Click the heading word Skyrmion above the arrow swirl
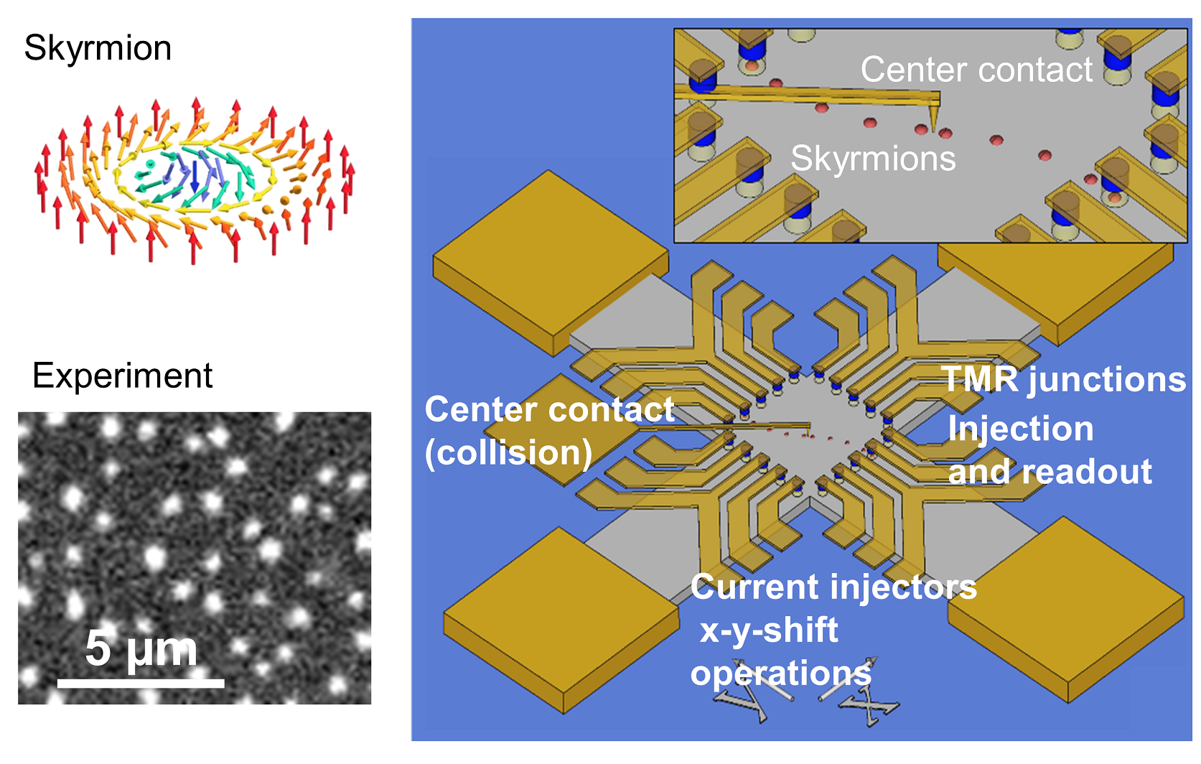[x=98, y=49]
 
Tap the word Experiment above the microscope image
[x=122, y=376]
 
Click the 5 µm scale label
[x=141, y=648]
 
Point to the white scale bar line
[x=141, y=683]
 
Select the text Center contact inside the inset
[x=976, y=70]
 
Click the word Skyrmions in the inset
[x=873, y=158]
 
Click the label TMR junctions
[x=1064, y=379]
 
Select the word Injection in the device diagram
[x=1021, y=429]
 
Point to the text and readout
[x=1050, y=472]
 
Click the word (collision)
[x=508, y=452]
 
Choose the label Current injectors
[x=833, y=587]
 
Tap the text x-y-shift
[x=769, y=630]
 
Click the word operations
[x=780, y=674]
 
